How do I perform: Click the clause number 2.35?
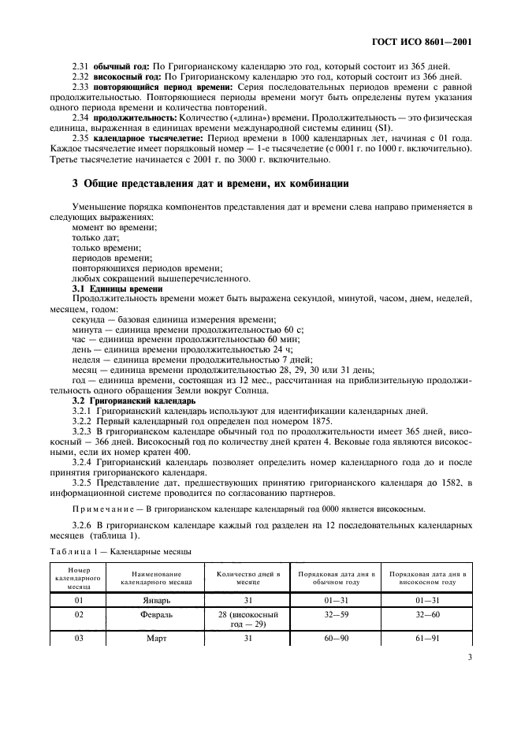pyautogui.click(x=81, y=137)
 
